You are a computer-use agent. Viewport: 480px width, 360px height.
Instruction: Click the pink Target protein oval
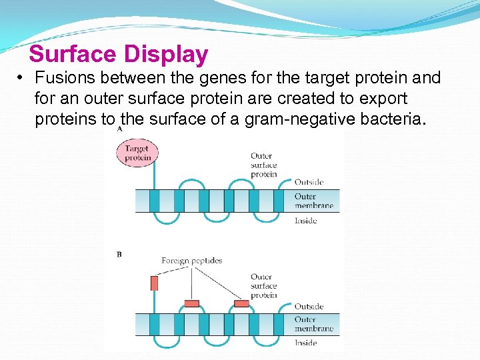[137, 153]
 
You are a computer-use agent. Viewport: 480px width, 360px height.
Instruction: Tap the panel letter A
[119, 130]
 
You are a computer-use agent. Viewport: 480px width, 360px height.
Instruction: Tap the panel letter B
[119, 254]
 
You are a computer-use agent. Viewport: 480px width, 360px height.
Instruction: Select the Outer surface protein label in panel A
[263, 165]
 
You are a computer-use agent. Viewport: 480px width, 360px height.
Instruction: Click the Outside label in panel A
[309, 182]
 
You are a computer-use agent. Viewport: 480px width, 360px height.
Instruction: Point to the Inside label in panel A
[305, 221]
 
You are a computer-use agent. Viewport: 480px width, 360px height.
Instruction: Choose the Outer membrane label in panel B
[313, 324]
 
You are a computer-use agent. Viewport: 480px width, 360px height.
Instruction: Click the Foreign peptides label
[191, 261]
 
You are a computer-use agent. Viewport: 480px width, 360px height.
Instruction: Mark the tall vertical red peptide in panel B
[154, 283]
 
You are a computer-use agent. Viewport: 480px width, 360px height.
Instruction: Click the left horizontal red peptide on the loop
[191, 303]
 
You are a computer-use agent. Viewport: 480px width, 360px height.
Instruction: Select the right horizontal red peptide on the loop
[241, 303]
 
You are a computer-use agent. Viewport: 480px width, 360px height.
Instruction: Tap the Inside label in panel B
[305, 343]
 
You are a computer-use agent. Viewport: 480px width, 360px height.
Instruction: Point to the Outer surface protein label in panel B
[263, 286]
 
